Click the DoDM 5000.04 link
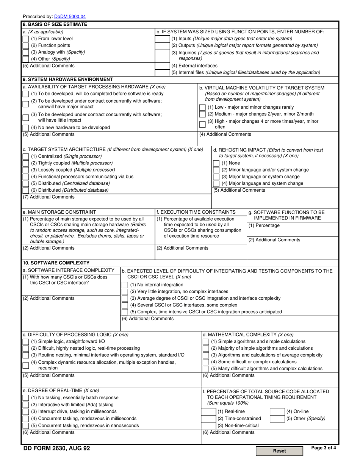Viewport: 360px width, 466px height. (70, 17)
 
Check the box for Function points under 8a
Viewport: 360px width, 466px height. (25, 45)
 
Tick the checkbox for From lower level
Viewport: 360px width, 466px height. (25, 39)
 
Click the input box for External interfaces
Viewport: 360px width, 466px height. (163, 66)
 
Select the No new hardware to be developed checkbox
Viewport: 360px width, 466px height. (25, 127)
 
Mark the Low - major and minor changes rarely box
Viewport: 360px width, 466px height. (202, 107)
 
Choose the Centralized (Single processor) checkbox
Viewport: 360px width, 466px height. (25, 156)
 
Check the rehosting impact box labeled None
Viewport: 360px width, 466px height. (216, 163)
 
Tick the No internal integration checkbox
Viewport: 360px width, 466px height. (125, 285)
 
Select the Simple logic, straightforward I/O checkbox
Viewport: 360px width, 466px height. (25, 341)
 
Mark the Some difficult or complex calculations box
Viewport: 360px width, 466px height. (205, 362)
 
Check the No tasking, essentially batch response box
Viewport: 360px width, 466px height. (25, 397)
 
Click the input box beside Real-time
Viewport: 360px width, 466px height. (208, 411)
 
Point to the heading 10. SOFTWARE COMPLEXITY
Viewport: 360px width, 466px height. (56, 263)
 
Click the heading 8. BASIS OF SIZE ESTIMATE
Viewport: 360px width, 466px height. (55, 25)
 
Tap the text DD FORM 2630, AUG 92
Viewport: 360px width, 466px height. (56, 449)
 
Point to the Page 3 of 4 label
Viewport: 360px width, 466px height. (323, 448)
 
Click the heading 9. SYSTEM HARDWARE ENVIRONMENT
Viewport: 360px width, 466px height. (68, 80)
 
